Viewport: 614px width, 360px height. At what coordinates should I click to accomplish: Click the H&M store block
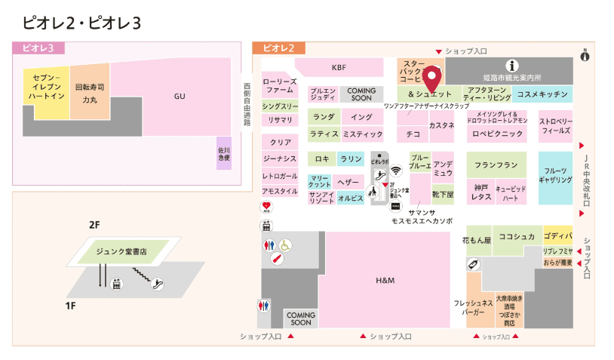pos(385,281)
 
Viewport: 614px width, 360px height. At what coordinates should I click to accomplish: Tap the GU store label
pos(180,97)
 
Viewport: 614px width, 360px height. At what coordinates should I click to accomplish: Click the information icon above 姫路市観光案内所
pos(512,66)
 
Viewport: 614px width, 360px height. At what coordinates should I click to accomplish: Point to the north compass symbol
pos(585,55)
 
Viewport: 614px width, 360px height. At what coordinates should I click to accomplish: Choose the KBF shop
pos(339,67)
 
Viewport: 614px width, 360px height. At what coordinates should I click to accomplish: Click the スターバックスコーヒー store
pos(413,71)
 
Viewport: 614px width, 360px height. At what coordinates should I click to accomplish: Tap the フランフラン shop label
pos(496,165)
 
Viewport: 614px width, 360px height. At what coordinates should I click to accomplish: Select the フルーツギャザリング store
pos(555,177)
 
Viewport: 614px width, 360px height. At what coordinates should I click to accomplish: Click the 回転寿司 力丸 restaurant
pos(90,93)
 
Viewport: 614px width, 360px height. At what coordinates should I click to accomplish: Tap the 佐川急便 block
pos(223,154)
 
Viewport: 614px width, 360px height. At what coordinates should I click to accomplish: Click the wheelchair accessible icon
pos(286,245)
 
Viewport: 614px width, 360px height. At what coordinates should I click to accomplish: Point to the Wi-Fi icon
pos(397,171)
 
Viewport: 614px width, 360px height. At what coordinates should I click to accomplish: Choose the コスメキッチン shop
pos(541,94)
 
